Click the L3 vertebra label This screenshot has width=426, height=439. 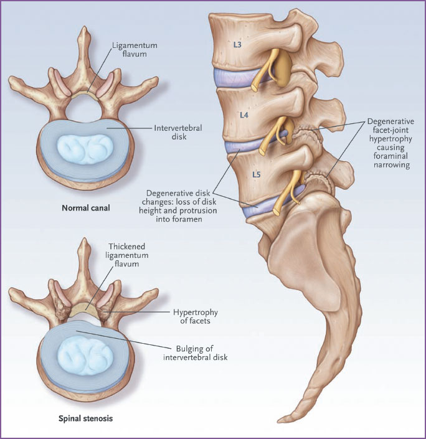[x=237, y=44]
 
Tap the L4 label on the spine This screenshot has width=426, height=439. [x=244, y=115]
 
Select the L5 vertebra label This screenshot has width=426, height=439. [x=256, y=174]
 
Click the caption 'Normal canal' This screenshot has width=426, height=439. [x=86, y=208]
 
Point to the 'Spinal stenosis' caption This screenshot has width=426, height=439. [x=86, y=418]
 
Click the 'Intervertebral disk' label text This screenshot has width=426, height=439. [x=178, y=132]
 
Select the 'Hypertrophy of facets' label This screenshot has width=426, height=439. [x=195, y=316]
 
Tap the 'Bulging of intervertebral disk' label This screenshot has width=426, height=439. [x=195, y=353]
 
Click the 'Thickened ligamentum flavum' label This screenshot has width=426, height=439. [x=127, y=255]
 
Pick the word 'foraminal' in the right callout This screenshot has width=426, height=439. [x=391, y=156]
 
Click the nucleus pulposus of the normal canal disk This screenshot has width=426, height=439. [x=85, y=149]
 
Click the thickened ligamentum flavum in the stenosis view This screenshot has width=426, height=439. [x=83, y=310]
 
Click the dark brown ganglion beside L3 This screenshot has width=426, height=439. [x=283, y=68]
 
